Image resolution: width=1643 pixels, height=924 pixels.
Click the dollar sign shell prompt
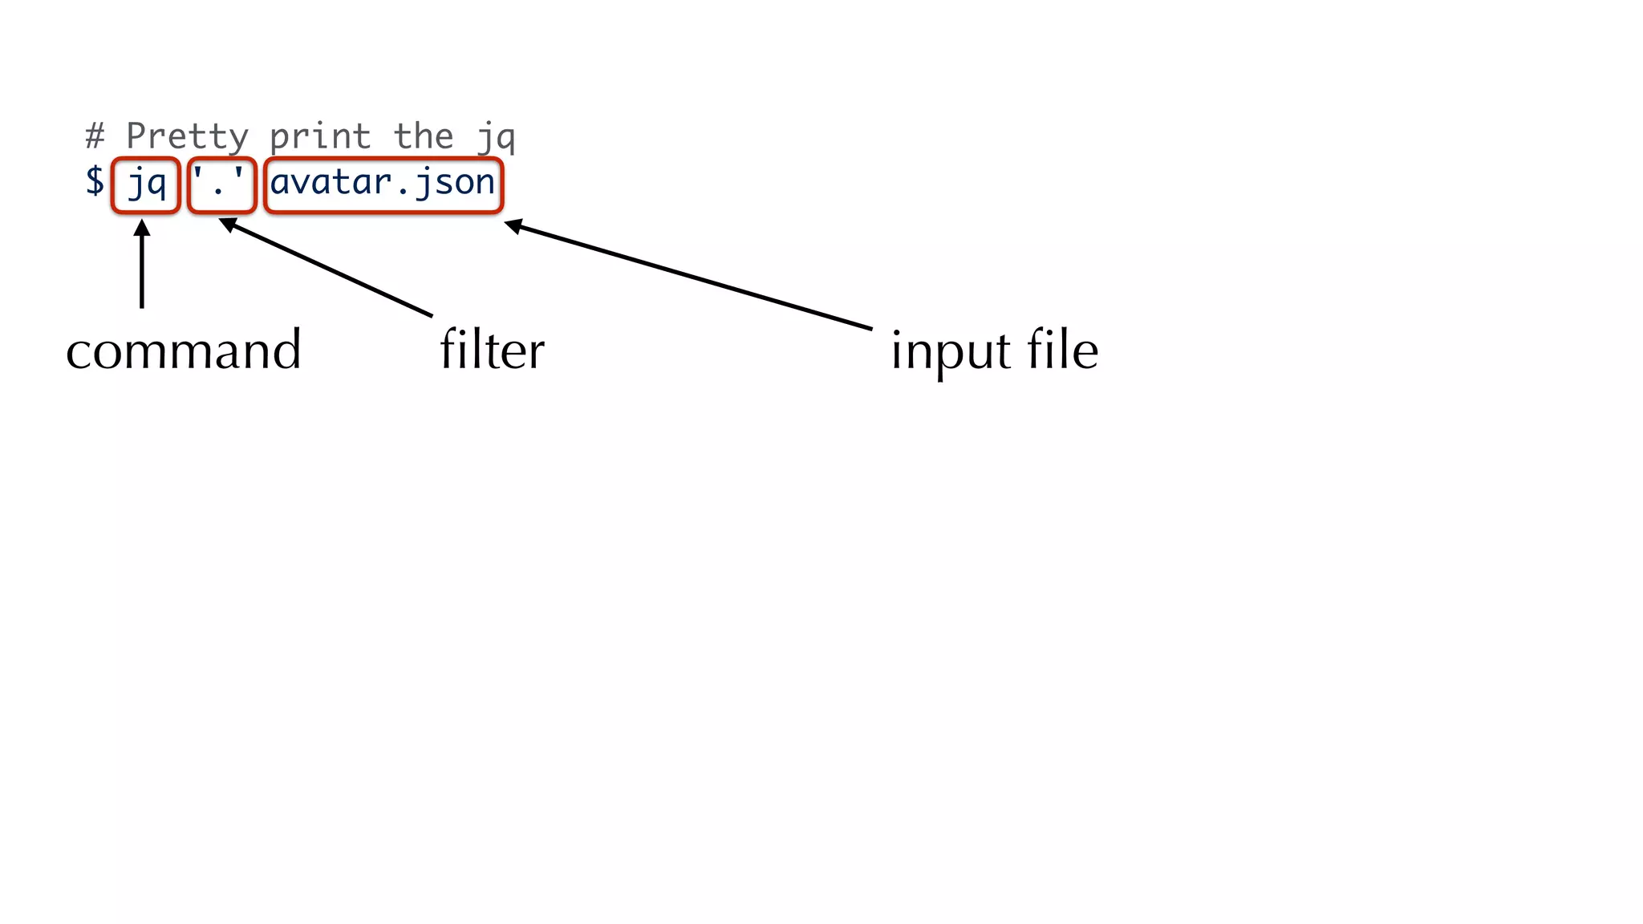point(95,181)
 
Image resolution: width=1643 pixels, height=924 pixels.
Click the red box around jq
point(145,186)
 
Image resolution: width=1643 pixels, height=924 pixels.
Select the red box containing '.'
point(221,186)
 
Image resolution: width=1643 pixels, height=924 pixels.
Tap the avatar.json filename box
point(383,186)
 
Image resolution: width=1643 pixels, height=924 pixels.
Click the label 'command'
point(184,351)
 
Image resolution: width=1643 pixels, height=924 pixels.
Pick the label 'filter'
point(492,351)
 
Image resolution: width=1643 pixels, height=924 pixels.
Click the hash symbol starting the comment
point(95,136)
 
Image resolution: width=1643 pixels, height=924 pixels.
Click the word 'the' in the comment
point(423,136)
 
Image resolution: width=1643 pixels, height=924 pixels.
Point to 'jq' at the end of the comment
point(495,138)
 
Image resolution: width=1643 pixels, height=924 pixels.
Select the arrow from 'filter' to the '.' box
point(329,269)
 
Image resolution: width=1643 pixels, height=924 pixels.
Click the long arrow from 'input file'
point(690,276)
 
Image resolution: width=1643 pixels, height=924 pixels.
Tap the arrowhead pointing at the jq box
point(142,228)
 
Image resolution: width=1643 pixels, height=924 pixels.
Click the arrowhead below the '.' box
point(228,225)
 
